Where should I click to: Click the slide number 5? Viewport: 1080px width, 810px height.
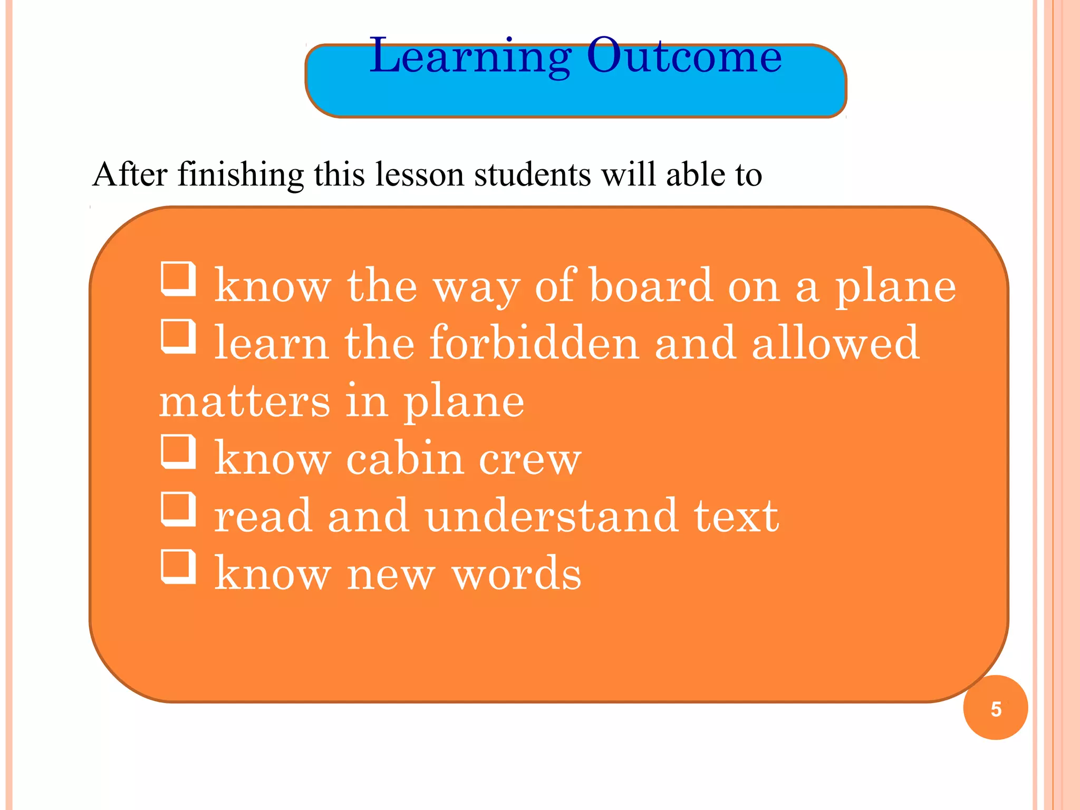click(996, 709)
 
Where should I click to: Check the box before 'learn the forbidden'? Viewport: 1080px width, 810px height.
click(178, 336)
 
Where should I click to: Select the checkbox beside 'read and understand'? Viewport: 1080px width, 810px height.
click(178, 509)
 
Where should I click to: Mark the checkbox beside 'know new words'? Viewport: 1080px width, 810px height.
click(178, 567)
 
